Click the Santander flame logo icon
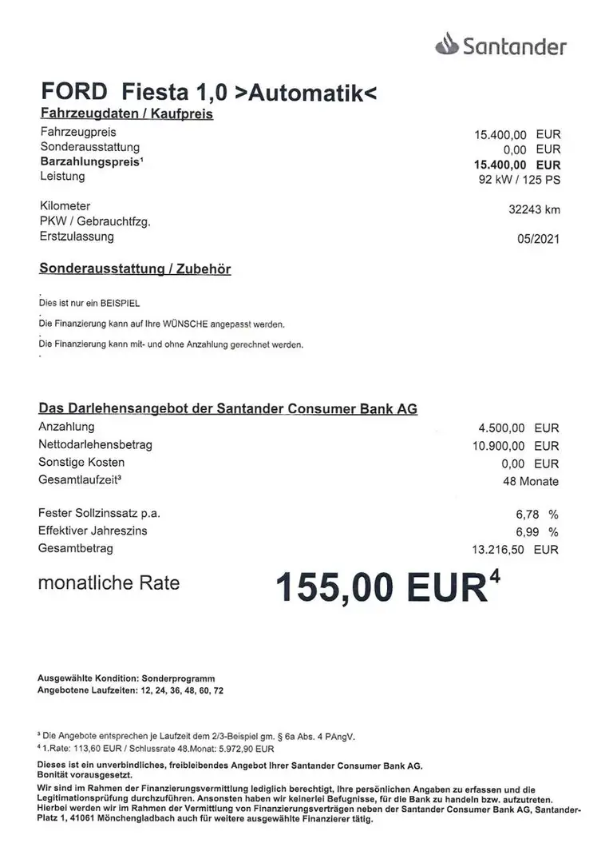447,46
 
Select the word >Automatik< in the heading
306,93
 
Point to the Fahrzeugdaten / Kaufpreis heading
125,114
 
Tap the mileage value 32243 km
534,210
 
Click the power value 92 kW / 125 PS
516,179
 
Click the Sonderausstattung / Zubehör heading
135,269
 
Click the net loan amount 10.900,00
499,446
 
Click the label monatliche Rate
109,583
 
